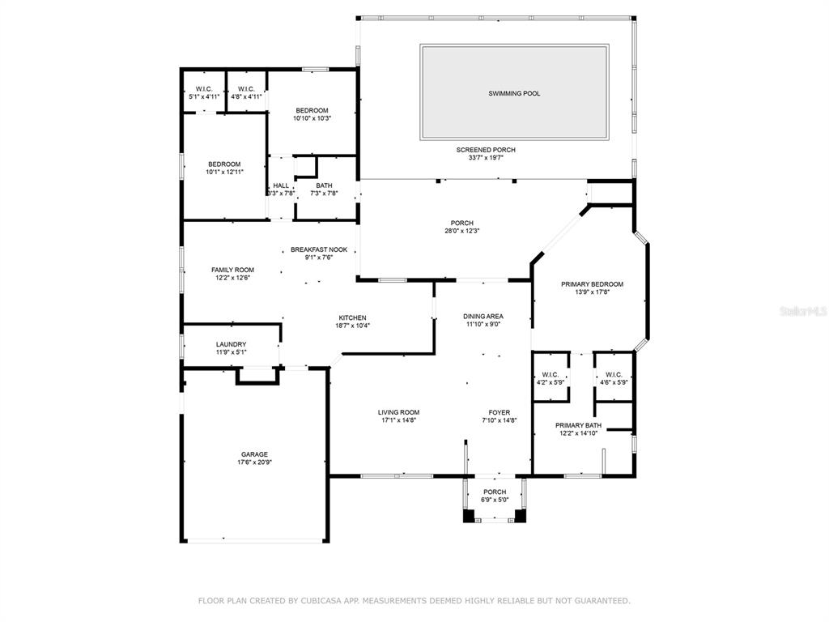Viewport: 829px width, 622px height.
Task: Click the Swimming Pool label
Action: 514,94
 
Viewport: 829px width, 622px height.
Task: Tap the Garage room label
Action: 254,454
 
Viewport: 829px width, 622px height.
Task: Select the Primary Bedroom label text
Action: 592,284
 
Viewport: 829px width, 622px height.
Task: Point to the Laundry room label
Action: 231,344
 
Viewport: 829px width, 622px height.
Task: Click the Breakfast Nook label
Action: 319,249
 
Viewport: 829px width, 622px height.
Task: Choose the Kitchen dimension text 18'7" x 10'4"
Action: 353,326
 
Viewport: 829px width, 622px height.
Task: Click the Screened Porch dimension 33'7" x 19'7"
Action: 486,158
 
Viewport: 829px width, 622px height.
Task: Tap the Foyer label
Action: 499,412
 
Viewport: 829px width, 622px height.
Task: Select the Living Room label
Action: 398,412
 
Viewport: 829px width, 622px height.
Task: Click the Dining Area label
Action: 483,317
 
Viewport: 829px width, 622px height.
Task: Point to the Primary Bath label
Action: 578,425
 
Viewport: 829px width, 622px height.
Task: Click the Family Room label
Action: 232,270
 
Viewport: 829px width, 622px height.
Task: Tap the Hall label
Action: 281,185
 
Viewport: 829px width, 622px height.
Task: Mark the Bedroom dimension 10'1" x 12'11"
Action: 225,172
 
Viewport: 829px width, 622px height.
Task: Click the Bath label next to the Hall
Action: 324,185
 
